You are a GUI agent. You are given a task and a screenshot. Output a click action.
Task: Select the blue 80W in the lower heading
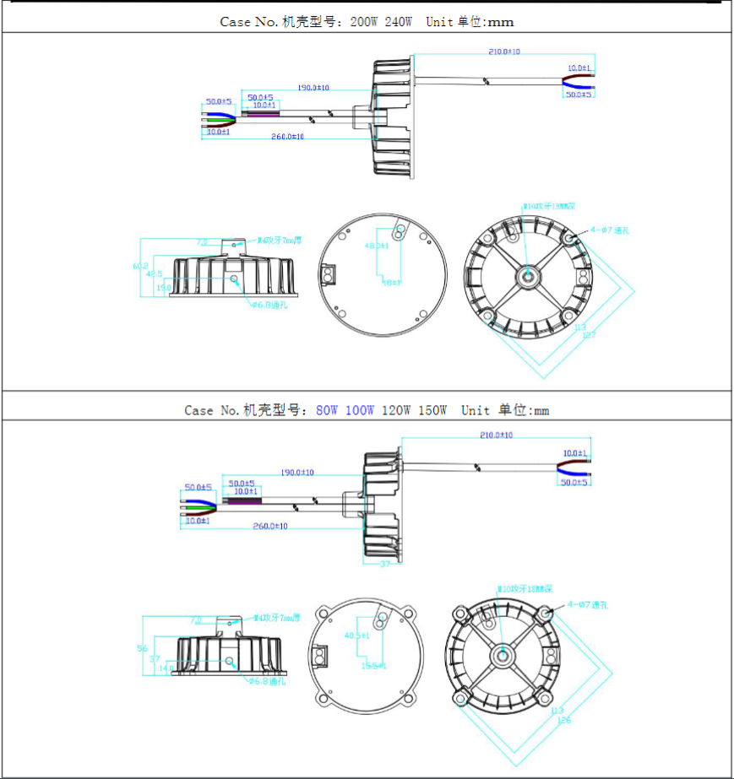pos(327,410)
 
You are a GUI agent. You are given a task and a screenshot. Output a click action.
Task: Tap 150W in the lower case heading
pos(432,410)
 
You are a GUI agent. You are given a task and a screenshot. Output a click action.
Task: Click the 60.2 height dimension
pos(145,266)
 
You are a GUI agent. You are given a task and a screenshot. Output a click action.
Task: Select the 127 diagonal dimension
pos(589,335)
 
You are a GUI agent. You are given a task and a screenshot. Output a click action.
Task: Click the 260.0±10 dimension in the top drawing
pos(288,137)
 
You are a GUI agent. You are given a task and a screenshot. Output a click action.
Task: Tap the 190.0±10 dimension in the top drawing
pos(313,87)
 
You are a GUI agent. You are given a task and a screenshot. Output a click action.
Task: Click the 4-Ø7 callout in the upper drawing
pos(610,230)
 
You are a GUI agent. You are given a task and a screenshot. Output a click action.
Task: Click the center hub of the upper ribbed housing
pos(528,276)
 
